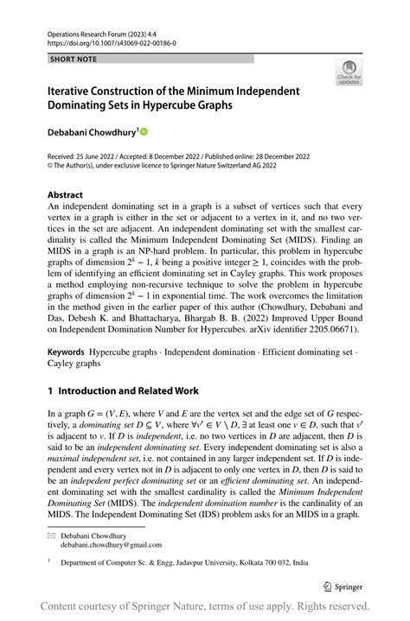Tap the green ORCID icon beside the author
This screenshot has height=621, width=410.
pos(144,131)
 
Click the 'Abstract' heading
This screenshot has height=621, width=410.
pos(67,195)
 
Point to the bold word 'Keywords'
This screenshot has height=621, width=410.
pos(66,353)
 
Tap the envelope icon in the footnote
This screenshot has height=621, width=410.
pos(51,535)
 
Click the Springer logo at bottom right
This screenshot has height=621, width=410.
pos(344,585)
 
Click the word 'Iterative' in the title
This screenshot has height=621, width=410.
pos(72,91)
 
